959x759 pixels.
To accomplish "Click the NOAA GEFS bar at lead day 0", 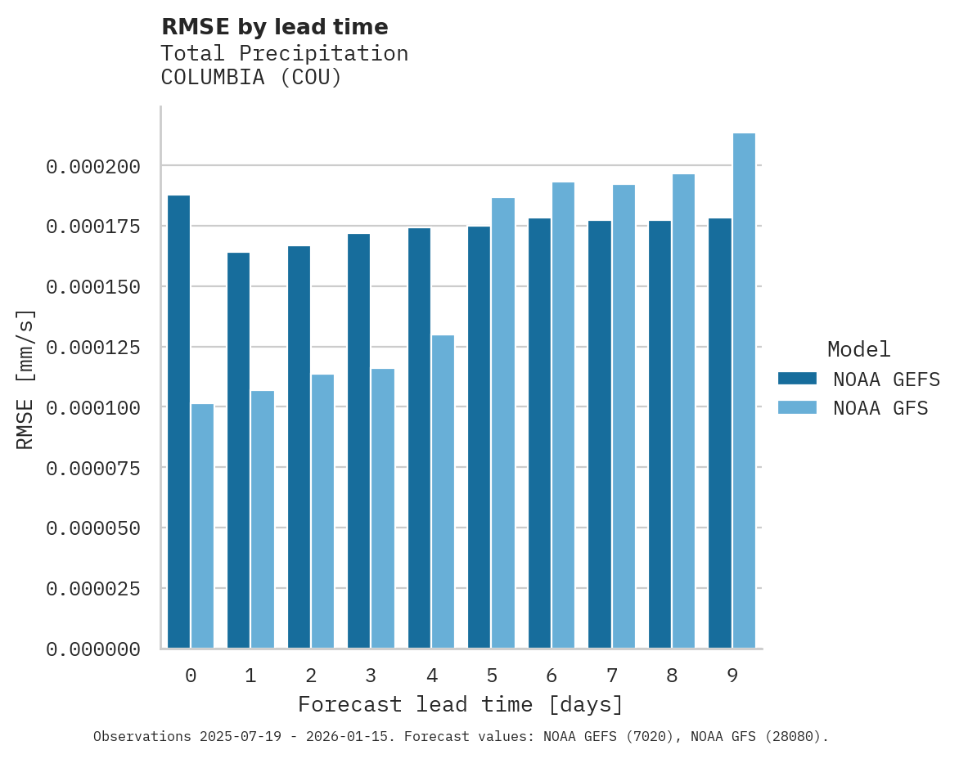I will [x=178, y=421].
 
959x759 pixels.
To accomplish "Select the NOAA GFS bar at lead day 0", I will [x=202, y=526].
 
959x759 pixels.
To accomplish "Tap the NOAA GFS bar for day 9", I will [x=744, y=390].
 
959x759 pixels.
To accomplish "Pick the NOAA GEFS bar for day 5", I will [x=479, y=437].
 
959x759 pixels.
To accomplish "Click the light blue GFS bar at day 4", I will [x=443, y=492].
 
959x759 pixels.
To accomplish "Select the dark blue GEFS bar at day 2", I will [x=299, y=447].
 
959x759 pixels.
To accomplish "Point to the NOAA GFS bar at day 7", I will [x=624, y=416].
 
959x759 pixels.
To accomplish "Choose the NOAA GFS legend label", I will [x=880, y=407].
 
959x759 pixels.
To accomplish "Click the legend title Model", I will [x=858, y=350].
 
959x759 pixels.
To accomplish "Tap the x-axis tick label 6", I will [x=552, y=676].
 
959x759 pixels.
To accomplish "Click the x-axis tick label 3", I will [x=371, y=676].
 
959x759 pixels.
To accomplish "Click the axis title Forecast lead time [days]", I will [x=461, y=704].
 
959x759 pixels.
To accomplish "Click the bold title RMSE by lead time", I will [x=274, y=27].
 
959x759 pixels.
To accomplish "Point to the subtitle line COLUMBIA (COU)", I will [x=251, y=78].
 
